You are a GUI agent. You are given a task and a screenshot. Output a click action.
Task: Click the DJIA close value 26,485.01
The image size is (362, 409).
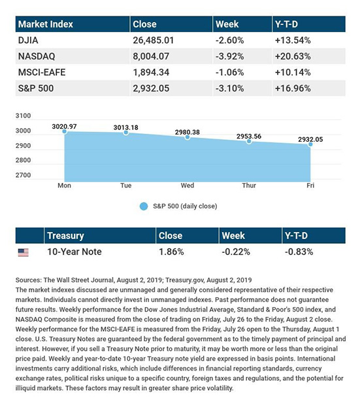point(153,40)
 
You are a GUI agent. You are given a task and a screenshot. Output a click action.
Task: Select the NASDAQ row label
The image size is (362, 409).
point(37,56)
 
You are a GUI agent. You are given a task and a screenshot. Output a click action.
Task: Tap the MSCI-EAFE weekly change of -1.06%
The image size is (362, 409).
point(229,73)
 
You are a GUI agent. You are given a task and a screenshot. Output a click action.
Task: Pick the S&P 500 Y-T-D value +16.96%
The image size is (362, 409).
point(293,88)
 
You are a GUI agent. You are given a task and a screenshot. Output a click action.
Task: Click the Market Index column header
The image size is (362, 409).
point(45,24)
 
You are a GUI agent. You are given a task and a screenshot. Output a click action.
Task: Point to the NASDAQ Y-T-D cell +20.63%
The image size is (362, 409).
point(293,56)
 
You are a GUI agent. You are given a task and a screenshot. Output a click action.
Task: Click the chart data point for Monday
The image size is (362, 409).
point(65,131)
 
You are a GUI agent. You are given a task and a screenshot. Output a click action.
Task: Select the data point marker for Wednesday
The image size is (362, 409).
point(188,137)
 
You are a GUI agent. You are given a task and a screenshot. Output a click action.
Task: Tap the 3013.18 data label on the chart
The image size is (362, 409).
point(125,127)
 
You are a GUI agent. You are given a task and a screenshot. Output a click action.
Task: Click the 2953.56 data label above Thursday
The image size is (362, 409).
point(249,136)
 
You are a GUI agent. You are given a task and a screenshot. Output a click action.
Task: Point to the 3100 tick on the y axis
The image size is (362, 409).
point(23,116)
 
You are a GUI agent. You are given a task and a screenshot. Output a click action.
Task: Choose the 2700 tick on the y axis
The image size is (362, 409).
point(23,175)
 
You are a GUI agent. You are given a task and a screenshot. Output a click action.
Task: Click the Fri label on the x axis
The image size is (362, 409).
point(310,186)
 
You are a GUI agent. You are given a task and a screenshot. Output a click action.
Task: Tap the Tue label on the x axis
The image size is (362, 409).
point(125,186)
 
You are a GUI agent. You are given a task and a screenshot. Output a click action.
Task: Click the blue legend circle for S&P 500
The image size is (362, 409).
point(144,206)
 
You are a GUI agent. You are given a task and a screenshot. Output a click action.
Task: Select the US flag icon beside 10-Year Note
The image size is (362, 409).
point(24,252)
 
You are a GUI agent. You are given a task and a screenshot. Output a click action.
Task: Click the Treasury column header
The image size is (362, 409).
point(65,236)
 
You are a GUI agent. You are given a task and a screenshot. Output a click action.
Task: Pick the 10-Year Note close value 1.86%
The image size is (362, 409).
point(171,252)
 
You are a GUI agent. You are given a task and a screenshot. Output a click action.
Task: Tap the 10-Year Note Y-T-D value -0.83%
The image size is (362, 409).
point(299,252)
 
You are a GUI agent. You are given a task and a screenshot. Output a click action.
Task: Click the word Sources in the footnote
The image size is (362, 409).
point(29,280)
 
